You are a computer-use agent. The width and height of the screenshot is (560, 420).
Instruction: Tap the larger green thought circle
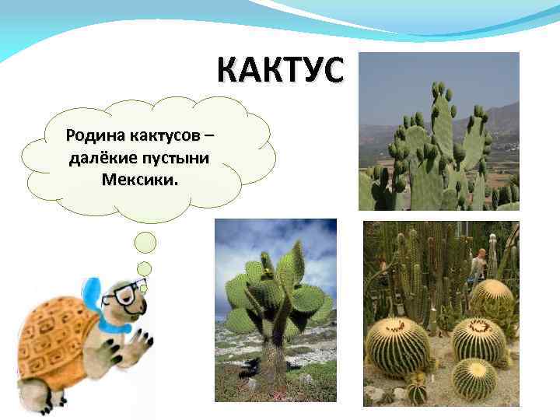coord(145,243)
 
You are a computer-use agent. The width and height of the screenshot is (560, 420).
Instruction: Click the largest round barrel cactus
coord(397,346)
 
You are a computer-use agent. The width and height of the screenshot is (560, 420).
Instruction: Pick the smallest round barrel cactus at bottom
coord(474,380)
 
